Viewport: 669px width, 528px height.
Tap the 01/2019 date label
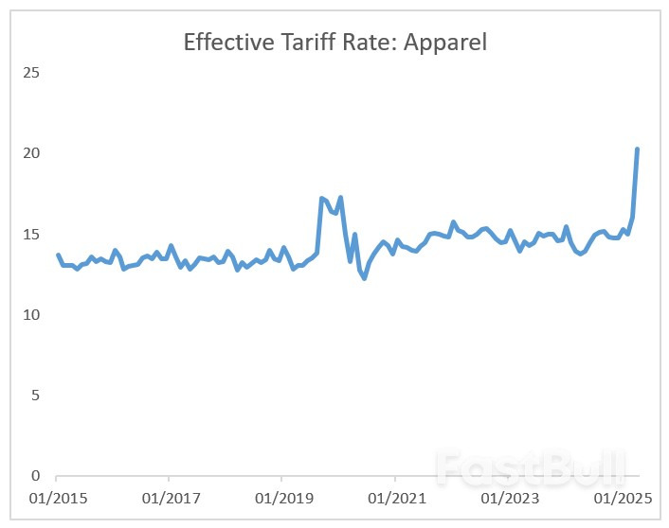[280, 498]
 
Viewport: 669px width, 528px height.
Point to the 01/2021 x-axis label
[393, 498]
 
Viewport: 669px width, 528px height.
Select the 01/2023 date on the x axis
[506, 498]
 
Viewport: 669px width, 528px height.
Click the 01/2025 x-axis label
[619, 498]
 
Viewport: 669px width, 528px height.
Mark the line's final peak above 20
[637, 150]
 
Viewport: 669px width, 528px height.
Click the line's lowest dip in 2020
[364, 277]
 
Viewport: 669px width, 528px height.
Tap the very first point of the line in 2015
[58, 255]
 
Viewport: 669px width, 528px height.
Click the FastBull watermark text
[531, 466]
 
